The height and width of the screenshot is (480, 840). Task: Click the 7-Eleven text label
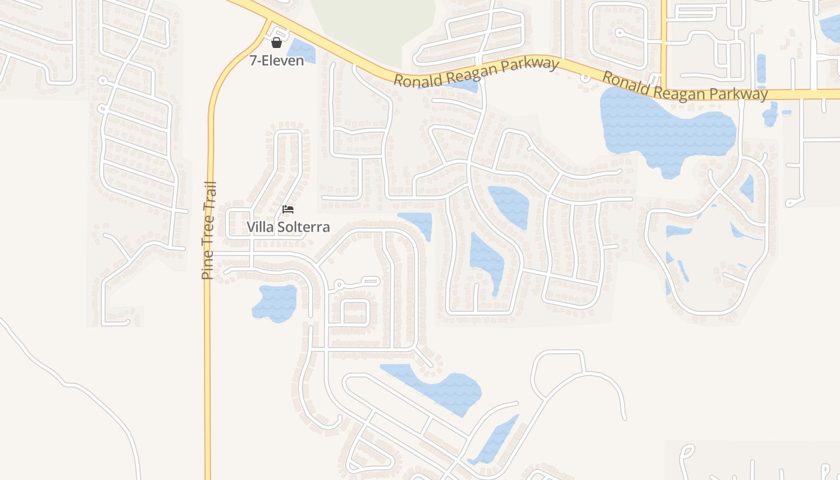click(277, 60)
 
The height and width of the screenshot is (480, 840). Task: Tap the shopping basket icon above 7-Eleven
click(277, 43)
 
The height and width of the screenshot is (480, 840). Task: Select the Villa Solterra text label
click(288, 227)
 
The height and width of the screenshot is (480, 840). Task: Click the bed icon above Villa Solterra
click(288, 209)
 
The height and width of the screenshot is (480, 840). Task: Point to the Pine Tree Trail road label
click(208, 230)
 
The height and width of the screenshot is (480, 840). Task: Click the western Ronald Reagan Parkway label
click(476, 72)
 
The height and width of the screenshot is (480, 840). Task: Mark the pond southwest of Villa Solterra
click(275, 302)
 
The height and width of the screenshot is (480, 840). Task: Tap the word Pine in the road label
click(208, 266)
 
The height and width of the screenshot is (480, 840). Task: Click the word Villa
click(260, 227)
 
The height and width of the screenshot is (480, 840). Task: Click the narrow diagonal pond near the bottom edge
click(494, 441)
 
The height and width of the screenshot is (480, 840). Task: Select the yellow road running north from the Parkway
click(664, 36)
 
